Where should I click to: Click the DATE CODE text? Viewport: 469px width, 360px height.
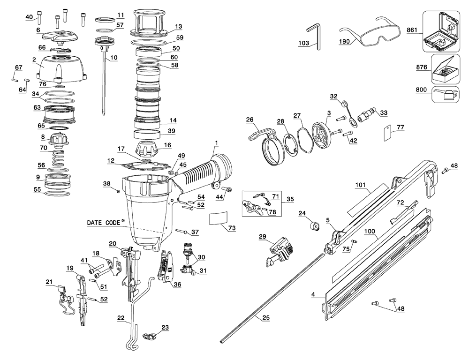(x=104, y=223)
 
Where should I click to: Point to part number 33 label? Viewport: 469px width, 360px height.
(x=384, y=112)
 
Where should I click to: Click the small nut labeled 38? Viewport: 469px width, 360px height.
(x=118, y=192)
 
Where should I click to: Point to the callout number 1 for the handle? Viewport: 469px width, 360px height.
(x=217, y=142)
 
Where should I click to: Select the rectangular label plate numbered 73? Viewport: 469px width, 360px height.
(x=217, y=218)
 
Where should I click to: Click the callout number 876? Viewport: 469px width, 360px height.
(x=422, y=67)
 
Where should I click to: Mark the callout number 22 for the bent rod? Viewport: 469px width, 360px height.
(x=121, y=318)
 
